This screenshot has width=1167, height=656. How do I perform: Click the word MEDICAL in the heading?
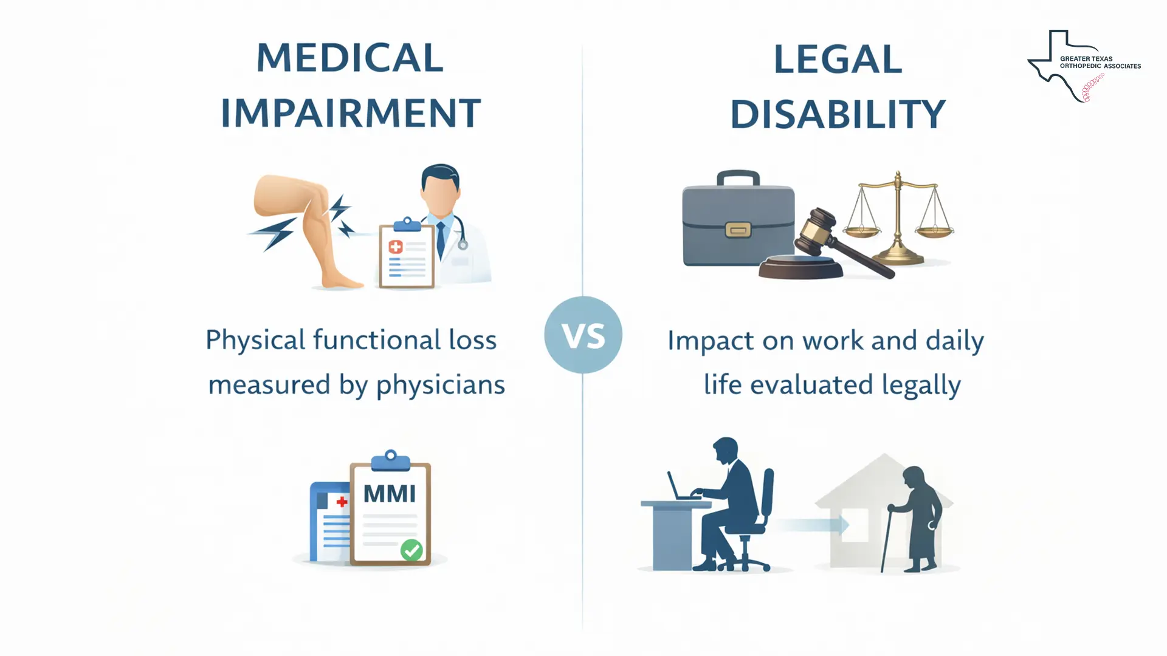pos(350,58)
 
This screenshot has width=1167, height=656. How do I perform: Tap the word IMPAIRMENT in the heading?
pos(351,113)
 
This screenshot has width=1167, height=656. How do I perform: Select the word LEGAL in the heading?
pos(838,60)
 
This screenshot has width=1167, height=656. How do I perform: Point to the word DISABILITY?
pos(838,114)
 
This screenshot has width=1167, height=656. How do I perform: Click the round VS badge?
pos(583,335)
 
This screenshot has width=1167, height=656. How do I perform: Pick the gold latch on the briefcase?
pos(738,230)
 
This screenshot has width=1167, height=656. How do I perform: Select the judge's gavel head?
pos(816,228)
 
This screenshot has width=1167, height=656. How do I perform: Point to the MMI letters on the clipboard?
pos(390,494)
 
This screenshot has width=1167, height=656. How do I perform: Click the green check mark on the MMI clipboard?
pos(411,550)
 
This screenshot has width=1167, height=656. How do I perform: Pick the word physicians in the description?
pos(441,385)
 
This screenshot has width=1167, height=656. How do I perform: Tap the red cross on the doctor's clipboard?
pos(396,247)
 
